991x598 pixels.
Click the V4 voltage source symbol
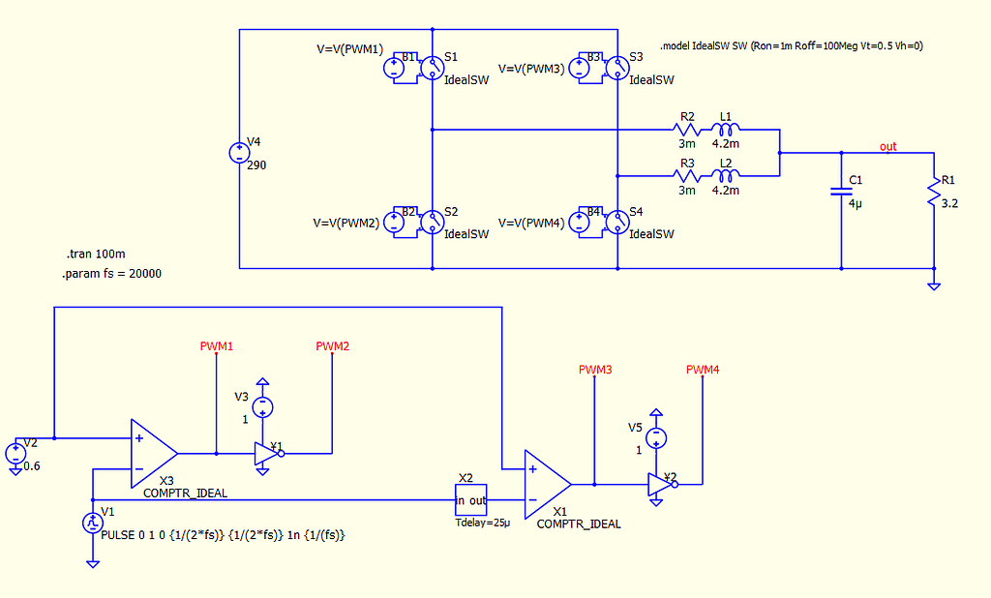click(x=238, y=153)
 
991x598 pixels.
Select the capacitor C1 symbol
click(x=840, y=192)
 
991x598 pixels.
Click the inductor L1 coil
click(x=726, y=129)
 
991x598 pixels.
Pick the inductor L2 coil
click(x=726, y=176)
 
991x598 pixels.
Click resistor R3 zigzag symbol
click(x=686, y=176)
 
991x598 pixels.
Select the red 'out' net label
click(x=887, y=147)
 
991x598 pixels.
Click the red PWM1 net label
click(x=217, y=345)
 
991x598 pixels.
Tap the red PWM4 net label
click(x=703, y=370)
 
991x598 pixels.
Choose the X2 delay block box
click(x=471, y=499)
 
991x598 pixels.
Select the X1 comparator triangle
click(x=547, y=483)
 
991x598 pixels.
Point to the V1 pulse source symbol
click(x=93, y=523)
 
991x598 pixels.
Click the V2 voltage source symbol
click(x=16, y=453)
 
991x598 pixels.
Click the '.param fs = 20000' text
click(x=111, y=274)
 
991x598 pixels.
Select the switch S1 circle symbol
click(x=431, y=67)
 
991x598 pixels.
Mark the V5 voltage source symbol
click(x=656, y=436)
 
